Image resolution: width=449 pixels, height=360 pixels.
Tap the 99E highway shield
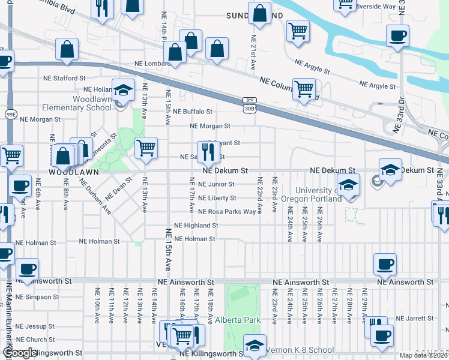click(x=11, y=113)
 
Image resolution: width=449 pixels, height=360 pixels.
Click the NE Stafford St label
click(x=65, y=78)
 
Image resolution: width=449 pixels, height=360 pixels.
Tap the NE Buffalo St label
click(x=193, y=112)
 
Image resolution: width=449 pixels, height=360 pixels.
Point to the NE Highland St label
click(x=196, y=226)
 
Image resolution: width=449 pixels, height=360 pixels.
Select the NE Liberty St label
click(x=217, y=198)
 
